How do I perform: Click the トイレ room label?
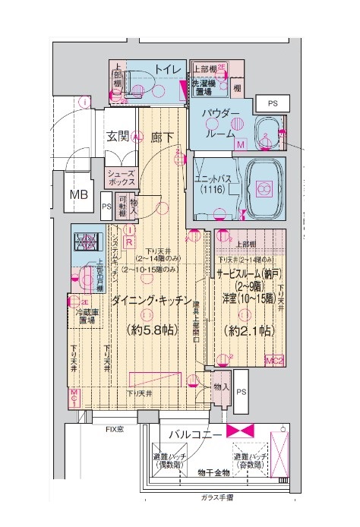[167, 70]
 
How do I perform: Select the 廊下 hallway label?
[162, 137]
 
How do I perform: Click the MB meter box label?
[80, 194]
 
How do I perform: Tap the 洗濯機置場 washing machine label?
[206, 87]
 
